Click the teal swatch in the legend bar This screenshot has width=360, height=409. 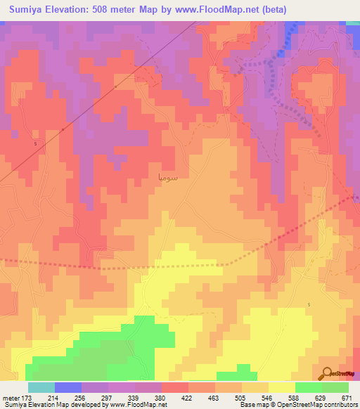41,387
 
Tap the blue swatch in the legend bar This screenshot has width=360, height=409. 68,387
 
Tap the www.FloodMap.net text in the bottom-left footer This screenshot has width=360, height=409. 137,405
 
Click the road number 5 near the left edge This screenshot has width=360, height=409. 35,143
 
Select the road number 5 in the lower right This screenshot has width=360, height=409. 308,304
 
